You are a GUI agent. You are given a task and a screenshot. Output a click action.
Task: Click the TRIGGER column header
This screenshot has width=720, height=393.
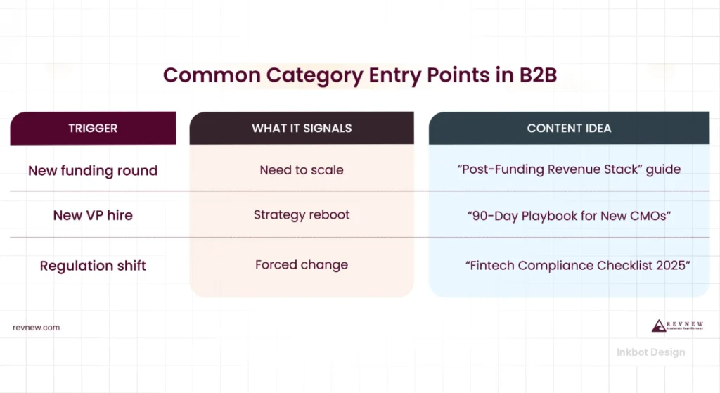(x=93, y=128)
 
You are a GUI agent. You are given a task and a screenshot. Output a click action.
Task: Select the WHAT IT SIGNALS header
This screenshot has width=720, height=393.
(x=302, y=128)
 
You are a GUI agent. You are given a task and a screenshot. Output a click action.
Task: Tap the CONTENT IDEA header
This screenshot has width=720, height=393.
(x=569, y=128)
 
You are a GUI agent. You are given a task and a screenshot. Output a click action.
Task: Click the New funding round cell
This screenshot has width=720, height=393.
(x=93, y=171)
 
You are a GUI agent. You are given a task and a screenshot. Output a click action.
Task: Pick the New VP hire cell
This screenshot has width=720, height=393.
(x=93, y=215)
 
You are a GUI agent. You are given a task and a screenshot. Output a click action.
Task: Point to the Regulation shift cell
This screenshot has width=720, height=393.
(x=93, y=266)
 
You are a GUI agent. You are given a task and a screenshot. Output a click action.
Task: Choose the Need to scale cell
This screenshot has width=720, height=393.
(x=302, y=170)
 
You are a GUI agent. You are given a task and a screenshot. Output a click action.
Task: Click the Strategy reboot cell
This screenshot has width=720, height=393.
(x=302, y=214)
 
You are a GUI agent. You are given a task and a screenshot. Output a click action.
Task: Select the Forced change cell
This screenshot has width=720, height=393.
(x=302, y=265)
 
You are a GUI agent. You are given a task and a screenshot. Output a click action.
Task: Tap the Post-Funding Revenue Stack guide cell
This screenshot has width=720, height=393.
(x=569, y=170)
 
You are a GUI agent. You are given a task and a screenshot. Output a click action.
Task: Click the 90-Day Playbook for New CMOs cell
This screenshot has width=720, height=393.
(x=569, y=215)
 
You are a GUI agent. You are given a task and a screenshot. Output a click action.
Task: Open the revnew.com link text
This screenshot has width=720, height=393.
(x=36, y=327)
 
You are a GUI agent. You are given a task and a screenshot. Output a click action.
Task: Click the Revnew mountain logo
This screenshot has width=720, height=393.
(x=659, y=326)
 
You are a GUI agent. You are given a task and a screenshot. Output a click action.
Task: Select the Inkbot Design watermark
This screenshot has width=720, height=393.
(x=650, y=352)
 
